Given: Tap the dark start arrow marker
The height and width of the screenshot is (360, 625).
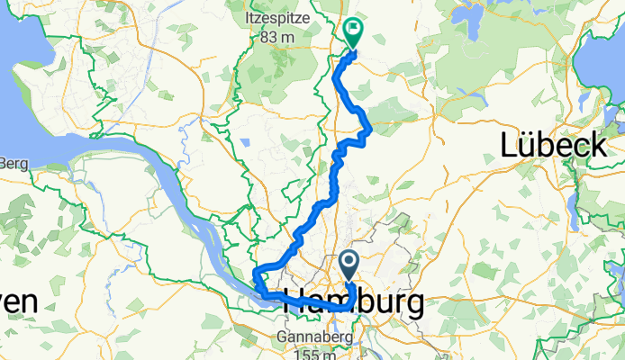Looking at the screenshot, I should (350, 264).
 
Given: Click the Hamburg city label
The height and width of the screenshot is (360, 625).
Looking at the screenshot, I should (354, 302).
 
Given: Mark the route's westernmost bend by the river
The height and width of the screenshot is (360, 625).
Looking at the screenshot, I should (256, 274).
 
